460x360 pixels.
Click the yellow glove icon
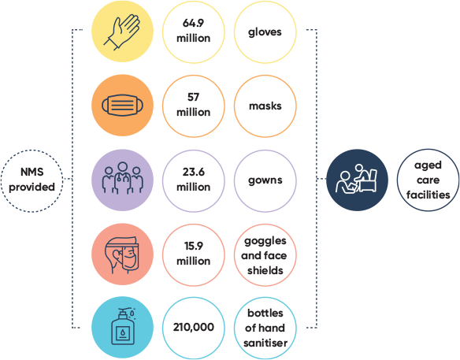tap(121, 32)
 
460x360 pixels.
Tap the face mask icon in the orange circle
tap(122, 105)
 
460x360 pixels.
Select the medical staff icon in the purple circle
tap(122, 178)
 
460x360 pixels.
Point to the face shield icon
tap(121, 255)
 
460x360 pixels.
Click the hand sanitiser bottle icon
tap(123, 326)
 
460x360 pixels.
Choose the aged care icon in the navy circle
tap(357, 179)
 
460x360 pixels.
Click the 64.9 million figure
tap(193, 31)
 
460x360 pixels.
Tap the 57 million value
tap(193, 105)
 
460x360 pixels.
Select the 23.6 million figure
tap(193, 180)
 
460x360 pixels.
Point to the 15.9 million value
tap(193, 253)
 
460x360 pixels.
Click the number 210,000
tap(193, 327)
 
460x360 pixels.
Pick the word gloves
tap(265, 32)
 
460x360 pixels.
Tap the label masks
tap(265, 106)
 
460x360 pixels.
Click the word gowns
tap(265, 180)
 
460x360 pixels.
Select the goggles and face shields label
tap(265, 255)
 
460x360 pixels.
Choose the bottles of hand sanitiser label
tap(265, 328)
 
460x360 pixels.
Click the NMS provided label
tap(32, 180)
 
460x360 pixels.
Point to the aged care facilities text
tap(428, 180)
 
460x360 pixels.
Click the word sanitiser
tap(265, 343)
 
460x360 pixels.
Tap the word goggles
tap(265, 242)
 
